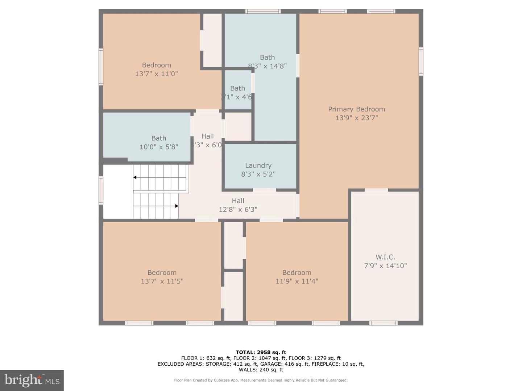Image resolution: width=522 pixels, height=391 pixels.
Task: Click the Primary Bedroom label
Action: click(356, 109)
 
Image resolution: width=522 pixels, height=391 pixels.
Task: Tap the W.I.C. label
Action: click(385, 257)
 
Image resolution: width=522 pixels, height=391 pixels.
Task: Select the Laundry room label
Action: click(258, 165)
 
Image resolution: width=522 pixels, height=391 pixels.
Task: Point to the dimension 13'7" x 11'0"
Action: click(156, 74)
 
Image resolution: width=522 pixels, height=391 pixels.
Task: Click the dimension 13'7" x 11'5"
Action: click(162, 281)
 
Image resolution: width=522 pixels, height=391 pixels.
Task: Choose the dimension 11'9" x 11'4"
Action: click(297, 281)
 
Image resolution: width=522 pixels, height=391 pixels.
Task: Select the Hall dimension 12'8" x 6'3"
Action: click(238, 209)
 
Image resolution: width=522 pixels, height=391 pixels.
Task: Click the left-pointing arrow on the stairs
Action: click(135, 177)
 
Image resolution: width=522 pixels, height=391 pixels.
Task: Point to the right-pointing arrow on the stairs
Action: click(177, 206)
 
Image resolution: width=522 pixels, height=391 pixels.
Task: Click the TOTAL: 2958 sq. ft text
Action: click(261, 352)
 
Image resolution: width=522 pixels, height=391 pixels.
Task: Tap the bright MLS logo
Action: click(32, 380)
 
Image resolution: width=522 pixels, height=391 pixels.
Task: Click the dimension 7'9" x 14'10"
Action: click(385, 266)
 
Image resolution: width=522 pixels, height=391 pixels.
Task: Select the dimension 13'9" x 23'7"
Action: click(356, 118)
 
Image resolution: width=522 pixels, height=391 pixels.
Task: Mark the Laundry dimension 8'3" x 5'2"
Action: click(258, 174)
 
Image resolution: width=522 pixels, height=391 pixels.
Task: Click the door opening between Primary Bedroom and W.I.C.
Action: click(376, 190)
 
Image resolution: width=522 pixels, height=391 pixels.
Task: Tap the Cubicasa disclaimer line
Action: click(261, 380)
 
